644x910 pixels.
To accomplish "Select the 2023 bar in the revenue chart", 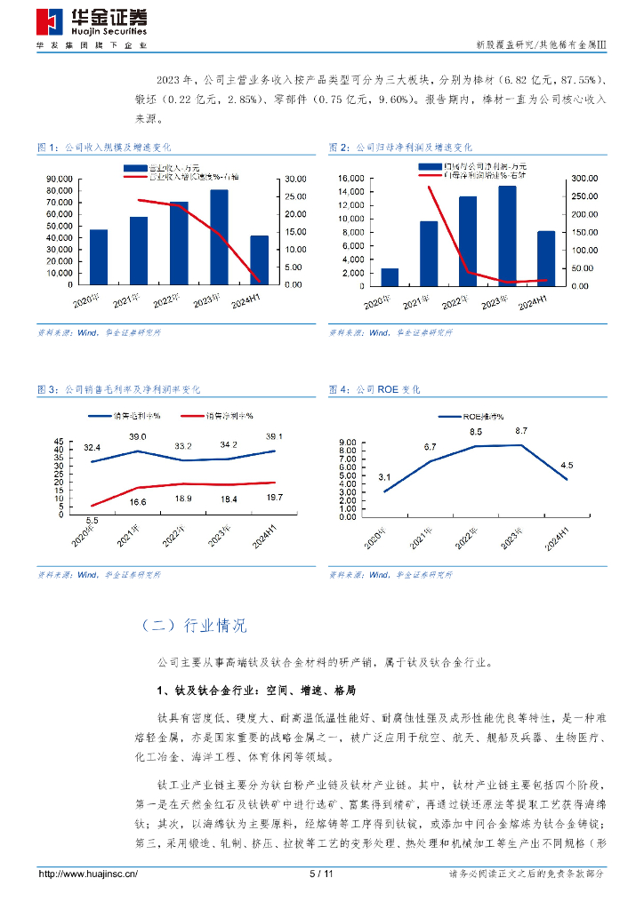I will [x=219, y=237].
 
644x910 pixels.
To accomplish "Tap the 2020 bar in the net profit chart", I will [x=390, y=276].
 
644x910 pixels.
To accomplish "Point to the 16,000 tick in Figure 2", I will [x=350, y=178].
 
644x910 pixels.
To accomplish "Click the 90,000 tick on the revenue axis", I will [x=59, y=178].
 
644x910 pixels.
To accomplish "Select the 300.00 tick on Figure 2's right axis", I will [x=584, y=178].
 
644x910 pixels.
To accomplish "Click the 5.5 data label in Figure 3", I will [x=91, y=519].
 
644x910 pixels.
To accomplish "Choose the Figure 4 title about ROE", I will [x=374, y=389].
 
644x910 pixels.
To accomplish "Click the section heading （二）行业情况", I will [x=193, y=626].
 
